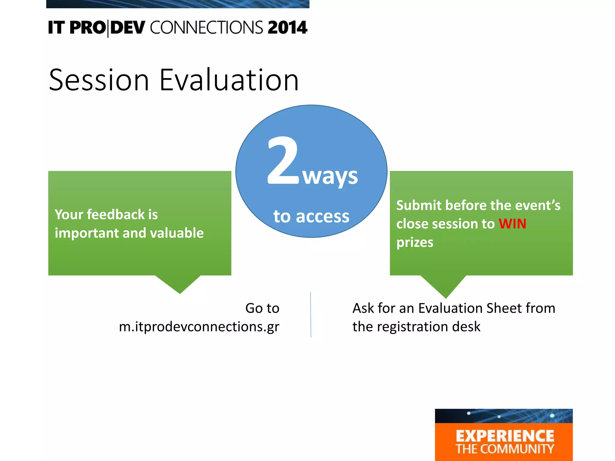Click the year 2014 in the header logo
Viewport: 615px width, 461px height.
288,28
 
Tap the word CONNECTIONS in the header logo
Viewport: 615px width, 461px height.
207,28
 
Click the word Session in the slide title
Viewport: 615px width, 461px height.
99,80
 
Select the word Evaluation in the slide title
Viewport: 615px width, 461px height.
229,80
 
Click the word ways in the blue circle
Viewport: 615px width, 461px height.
330,177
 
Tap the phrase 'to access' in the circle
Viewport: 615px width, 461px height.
311,216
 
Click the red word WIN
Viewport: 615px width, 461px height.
512,224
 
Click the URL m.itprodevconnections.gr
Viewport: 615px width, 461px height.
199,327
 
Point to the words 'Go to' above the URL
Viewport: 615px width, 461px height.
262,308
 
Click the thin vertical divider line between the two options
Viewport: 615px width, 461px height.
311,314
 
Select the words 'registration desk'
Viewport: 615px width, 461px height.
429,327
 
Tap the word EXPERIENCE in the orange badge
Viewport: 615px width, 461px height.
505,436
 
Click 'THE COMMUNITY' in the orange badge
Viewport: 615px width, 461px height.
505,449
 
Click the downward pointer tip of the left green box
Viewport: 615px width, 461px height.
180,294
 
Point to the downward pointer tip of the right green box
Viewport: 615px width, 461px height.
446,298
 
